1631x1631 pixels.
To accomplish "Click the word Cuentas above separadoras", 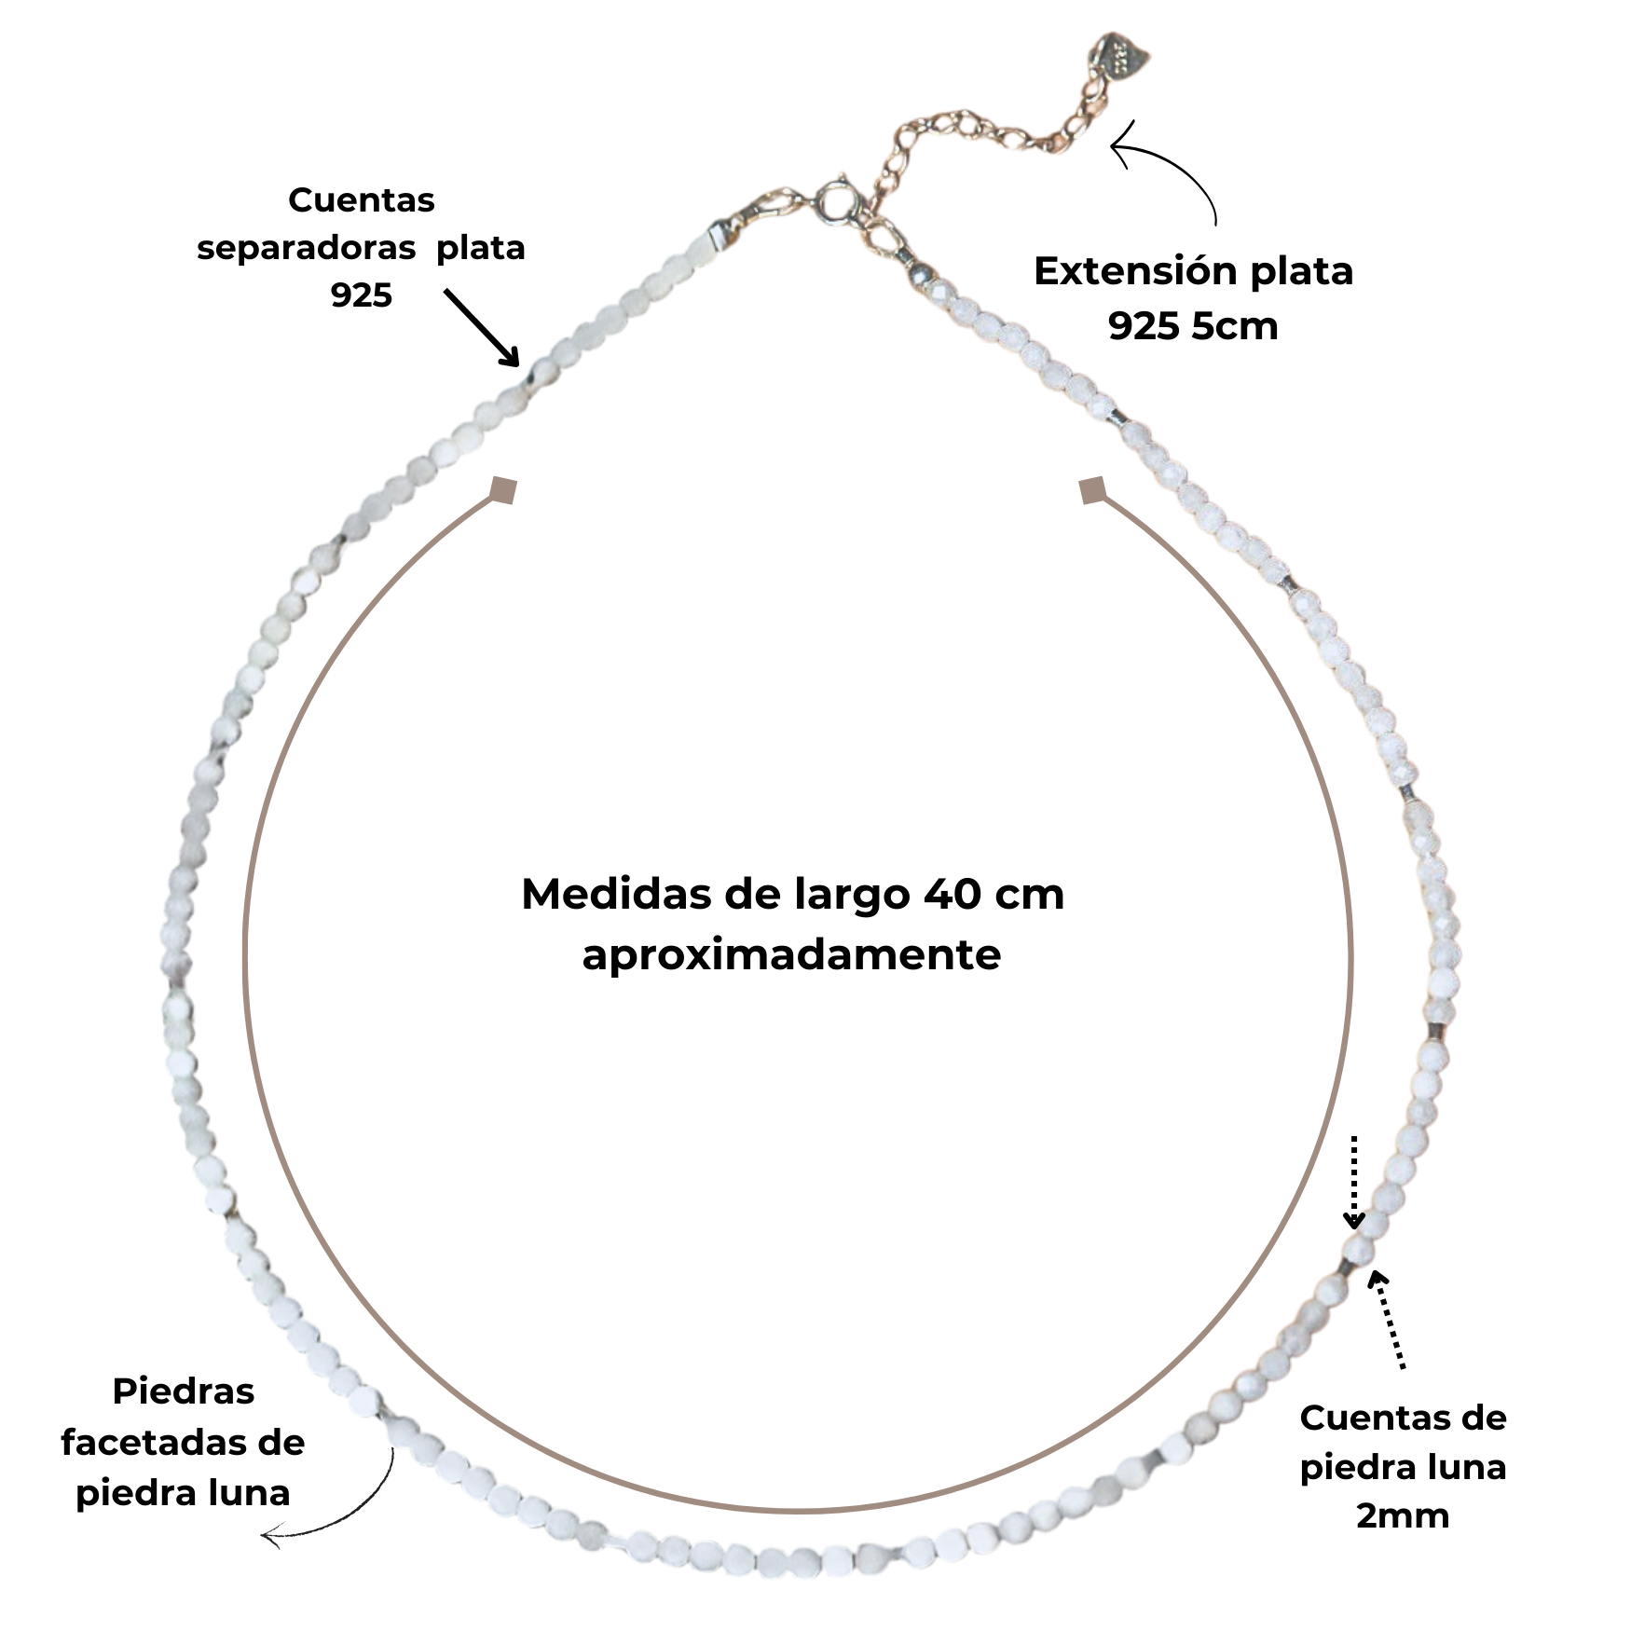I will [361, 199].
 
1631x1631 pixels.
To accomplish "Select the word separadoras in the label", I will [306, 248].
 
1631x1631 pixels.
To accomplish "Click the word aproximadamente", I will [791, 954].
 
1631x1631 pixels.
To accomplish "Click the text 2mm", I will [1403, 1515].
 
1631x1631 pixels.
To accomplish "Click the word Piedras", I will [184, 1391].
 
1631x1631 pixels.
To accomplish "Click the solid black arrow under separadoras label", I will [482, 328].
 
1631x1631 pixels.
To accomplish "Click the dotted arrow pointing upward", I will [1388, 1319].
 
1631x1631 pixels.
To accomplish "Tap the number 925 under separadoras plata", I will [361, 296].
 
